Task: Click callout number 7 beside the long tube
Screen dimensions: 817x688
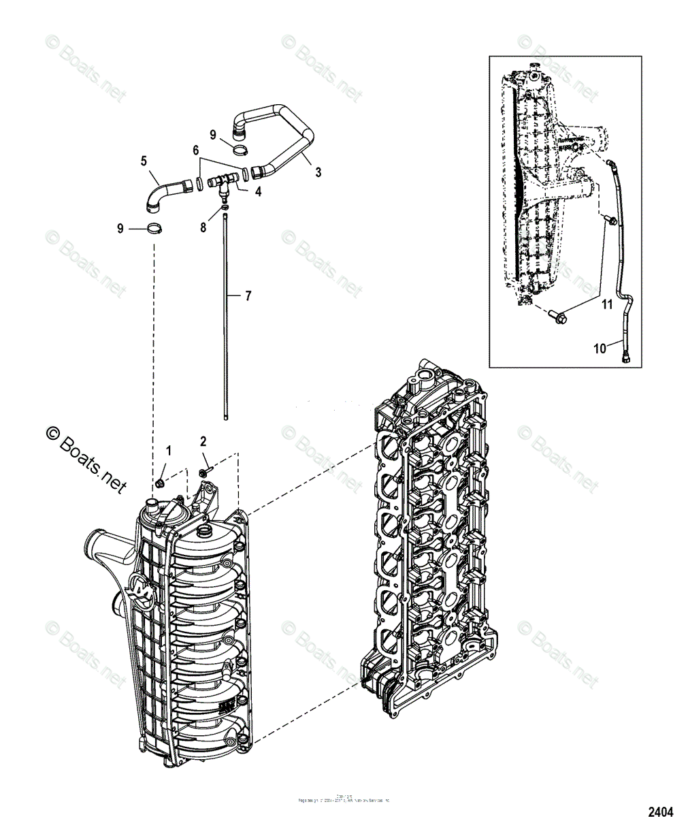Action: (248, 296)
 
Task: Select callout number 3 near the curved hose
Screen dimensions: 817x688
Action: (318, 173)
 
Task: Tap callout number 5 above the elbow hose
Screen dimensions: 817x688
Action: (144, 161)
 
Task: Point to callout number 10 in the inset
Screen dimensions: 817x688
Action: (600, 349)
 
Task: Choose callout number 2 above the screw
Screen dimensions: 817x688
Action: (203, 441)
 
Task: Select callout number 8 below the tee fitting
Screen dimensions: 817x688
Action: (203, 227)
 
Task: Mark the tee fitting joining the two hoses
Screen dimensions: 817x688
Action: (222, 182)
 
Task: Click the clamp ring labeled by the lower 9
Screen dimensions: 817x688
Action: (156, 229)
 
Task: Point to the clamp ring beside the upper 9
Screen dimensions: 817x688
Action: (239, 150)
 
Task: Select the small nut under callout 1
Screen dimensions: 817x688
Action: (160, 483)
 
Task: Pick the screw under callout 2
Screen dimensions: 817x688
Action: (204, 471)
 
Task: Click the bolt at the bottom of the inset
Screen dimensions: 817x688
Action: (553, 317)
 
